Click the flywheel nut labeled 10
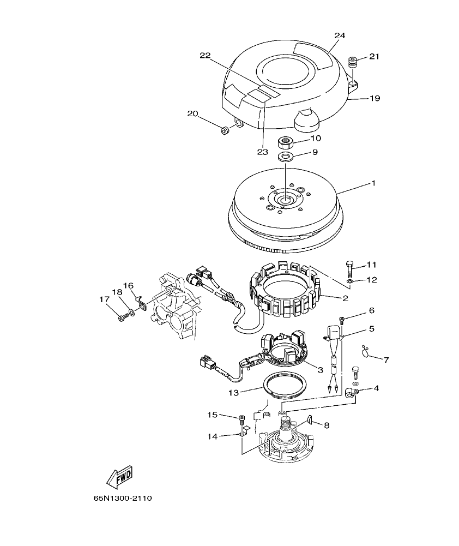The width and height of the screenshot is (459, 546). click(x=286, y=143)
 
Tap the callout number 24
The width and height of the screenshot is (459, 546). click(x=340, y=35)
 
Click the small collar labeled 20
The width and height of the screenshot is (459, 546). click(x=224, y=130)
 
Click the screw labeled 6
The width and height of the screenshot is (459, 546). click(x=342, y=319)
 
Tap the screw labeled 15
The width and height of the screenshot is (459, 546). click(x=241, y=419)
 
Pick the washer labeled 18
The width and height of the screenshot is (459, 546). click(x=131, y=314)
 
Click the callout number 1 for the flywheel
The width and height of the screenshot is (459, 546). click(x=373, y=184)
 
